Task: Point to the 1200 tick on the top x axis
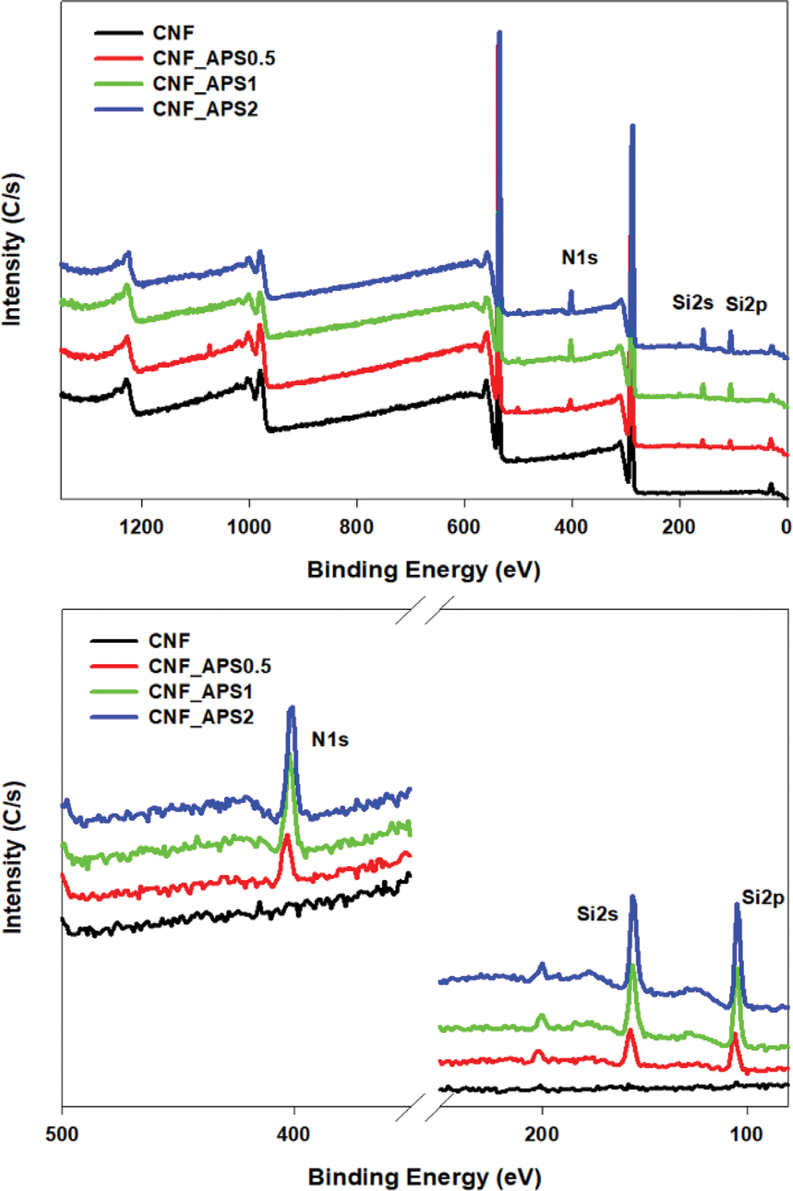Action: pyautogui.click(x=141, y=527)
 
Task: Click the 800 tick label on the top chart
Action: pyautogui.click(x=357, y=527)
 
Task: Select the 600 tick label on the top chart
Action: pyautogui.click(x=464, y=527)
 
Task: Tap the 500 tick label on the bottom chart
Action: pyautogui.click(x=62, y=1135)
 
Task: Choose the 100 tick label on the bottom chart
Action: pyautogui.click(x=747, y=1135)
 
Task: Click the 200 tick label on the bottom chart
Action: pyautogui.click(x=542, y=1135)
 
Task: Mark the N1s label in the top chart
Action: pyautogui.click(x=579, y=258)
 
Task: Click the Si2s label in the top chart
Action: pyautogui.click(x=692, y=303)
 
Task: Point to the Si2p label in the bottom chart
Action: pyautogui.click(x=762, y=898)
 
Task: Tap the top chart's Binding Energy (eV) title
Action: pyautogui.click(x=424, y=570)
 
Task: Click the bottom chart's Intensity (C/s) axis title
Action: pyautogui.click(x=13, y=857)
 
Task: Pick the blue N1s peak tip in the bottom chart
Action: pyautogui.click(x=292, y=708)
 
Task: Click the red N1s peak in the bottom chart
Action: pyautogui.click(x=287, y=836)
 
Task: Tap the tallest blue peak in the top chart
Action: pyautogui.click(x=499, y=33)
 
